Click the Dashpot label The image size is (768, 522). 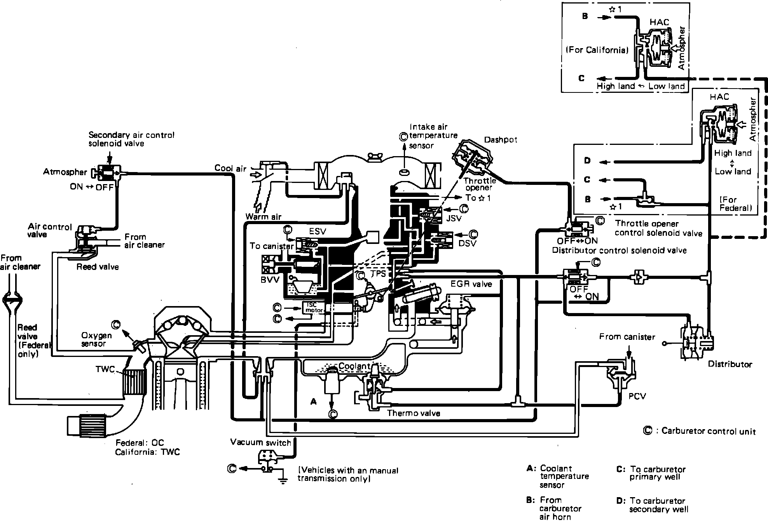tap(501, 140)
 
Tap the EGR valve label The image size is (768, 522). tap(471, 284)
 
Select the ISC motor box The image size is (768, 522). tap(312, 308)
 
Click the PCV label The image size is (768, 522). tap(637, 397)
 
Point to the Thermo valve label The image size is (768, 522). tap(414, 413)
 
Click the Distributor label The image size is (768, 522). tap(730, 364)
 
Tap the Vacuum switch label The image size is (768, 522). tap(260, 442)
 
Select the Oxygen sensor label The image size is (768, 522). tap(96, 339)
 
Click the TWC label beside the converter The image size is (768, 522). tap(105, 369)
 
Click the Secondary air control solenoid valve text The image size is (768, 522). tap(131, 139)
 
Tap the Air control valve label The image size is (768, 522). tap(50, 230)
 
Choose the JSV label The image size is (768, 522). tap(454, 218)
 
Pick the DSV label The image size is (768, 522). tap(467, 244)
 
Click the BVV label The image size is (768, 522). tap(270, 280)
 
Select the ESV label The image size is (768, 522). tap(318, 231)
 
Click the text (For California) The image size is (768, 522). tap(597, 50)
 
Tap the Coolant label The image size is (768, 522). tap(354, 366)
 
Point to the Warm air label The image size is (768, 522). tap(263, 216)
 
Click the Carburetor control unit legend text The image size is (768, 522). tap(708, 431)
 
